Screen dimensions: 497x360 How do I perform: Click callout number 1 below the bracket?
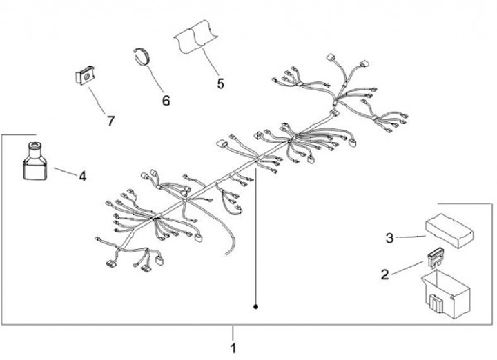tap(233, 348)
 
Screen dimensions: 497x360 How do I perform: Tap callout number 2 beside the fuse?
tap(384, 274)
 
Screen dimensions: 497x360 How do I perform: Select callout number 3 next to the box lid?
tap(389, 238)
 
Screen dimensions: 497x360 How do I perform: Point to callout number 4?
tap(82, 176)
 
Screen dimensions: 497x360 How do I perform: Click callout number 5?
tap(221, 83)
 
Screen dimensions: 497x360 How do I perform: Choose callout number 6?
tap(166, 101)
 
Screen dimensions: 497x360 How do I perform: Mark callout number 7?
tap(110, 121)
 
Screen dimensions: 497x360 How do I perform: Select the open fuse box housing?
tap(445, 294)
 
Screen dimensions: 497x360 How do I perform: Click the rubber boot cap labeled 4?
tap(35, 161)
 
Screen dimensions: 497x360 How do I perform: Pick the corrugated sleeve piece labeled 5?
tap(195, 37)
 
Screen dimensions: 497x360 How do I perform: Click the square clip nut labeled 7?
tap(86, 75)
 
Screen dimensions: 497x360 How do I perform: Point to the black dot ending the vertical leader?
tap(256, 306)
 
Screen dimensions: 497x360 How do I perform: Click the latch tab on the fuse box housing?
tap(434, 303)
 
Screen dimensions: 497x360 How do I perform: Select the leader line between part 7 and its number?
tap(97, 101)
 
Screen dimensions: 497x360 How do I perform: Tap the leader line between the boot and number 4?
tap(65, 172)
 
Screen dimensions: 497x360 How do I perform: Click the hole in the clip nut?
tap(86, 76)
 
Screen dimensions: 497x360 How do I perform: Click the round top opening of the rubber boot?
tap(34, 145)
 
